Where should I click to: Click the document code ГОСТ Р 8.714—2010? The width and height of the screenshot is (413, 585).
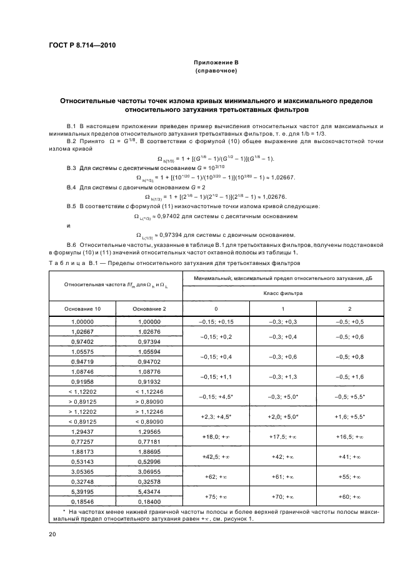(82, 45)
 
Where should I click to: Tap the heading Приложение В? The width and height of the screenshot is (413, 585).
(215, 63)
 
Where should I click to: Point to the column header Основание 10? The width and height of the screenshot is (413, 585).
(82, 309)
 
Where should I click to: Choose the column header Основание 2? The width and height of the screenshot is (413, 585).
(149, 309)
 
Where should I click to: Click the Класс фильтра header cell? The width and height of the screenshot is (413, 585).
(282, 292)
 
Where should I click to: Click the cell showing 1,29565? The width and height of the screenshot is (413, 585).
(149, 432)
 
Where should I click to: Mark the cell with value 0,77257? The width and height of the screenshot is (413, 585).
(82, 441)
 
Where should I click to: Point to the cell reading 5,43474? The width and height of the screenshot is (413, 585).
(149, 493)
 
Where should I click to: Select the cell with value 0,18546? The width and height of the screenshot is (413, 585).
(82, 502)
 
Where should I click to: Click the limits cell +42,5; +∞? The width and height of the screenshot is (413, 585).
(216, 457)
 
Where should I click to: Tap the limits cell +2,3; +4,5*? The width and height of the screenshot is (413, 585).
(216, 416)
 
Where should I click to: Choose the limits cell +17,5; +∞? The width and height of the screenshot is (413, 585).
(282, 437)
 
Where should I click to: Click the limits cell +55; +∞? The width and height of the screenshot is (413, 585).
(349, 477)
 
